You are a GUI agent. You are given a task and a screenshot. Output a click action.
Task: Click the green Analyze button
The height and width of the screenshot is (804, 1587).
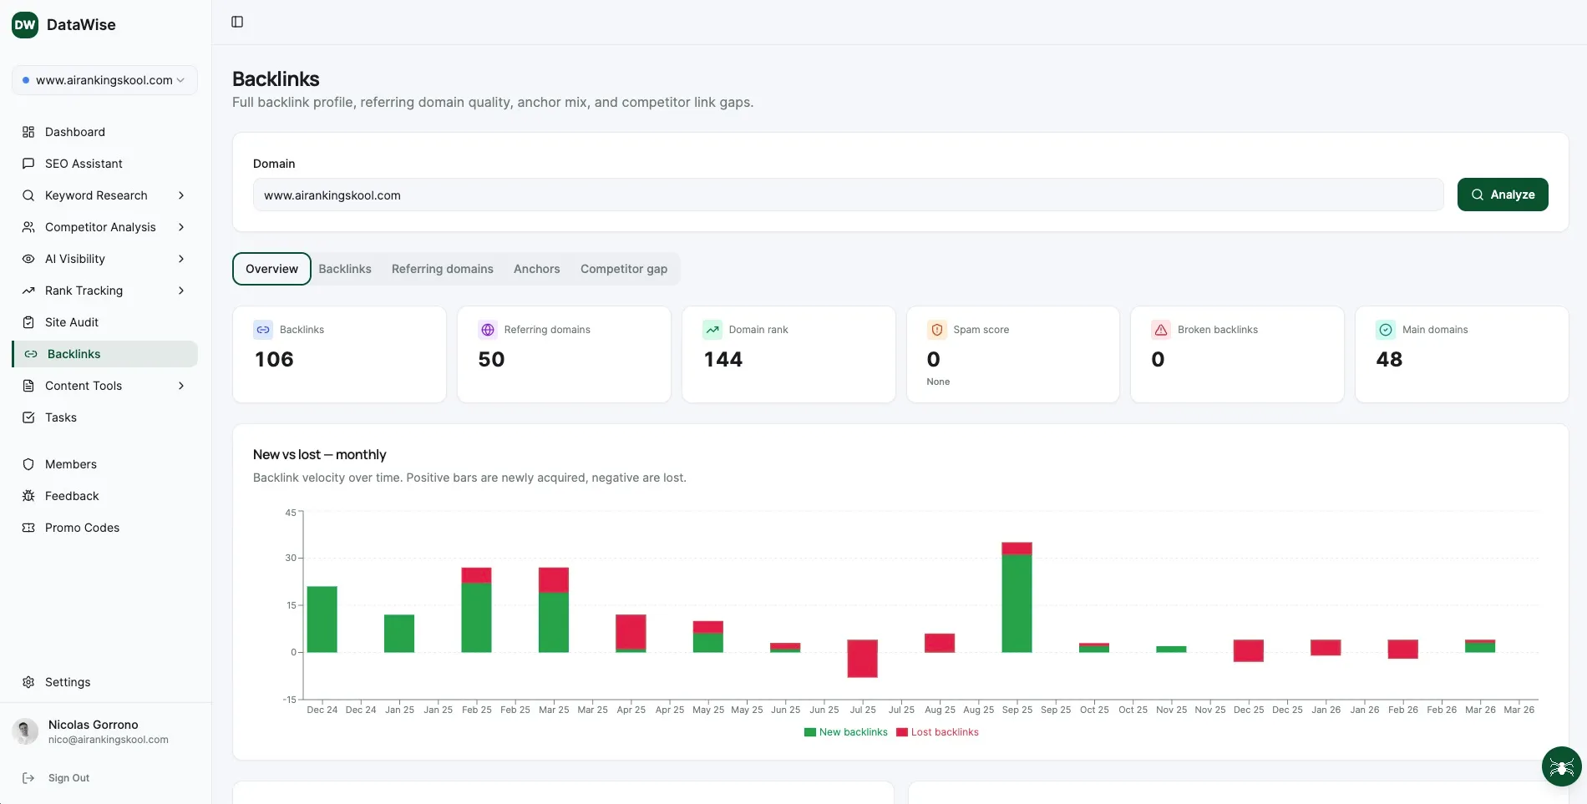(1502, 195)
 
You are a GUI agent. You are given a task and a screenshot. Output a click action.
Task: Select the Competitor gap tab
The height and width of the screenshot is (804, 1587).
(623, 269)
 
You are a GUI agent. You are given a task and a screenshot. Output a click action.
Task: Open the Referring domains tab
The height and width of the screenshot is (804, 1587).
(442, 269)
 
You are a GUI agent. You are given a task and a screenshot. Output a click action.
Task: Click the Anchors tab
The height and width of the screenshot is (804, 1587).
(536, 269)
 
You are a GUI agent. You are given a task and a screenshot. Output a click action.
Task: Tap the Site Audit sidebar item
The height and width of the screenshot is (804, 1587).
(72, 322)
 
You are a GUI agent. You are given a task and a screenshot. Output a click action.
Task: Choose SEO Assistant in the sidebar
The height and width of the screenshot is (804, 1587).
(84, 164)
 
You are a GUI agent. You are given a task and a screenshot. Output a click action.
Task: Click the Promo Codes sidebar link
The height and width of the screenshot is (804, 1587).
(82, 528)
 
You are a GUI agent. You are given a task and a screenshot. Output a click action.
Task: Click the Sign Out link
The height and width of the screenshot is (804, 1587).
(68, 778)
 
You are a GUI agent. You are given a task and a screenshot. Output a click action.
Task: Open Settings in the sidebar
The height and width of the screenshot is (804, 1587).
(68, 682)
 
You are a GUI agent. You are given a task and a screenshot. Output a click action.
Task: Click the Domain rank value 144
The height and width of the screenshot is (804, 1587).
(723, 360)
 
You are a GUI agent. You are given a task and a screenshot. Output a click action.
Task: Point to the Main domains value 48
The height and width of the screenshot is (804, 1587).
(1389, 360)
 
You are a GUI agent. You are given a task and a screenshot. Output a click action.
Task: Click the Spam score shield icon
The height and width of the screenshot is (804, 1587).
(936, 330)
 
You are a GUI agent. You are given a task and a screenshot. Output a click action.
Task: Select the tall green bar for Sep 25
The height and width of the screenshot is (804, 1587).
(1017, 603)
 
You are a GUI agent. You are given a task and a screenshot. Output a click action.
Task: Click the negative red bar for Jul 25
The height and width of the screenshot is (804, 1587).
(862, 659)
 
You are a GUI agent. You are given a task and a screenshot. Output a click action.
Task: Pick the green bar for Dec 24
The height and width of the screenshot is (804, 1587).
(322, 619)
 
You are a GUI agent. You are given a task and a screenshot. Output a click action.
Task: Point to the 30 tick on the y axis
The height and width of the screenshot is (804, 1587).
(291, 558)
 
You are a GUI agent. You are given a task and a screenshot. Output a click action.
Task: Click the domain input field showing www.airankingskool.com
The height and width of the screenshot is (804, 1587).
(847, 195)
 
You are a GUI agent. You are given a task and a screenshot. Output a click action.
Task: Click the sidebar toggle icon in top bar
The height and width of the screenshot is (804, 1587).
(237, 22)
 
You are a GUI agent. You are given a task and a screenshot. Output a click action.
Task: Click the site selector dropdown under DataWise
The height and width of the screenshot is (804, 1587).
(104, 80)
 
